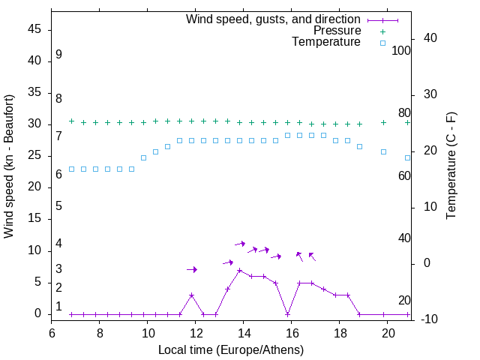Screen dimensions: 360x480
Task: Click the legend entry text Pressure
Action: (337, 31)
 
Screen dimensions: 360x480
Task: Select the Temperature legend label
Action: (326, 42)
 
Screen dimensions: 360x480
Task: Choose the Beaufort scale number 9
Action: (58, 55)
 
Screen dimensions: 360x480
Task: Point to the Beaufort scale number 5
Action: (58, 205)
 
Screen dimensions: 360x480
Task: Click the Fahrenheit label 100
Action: (401, 51)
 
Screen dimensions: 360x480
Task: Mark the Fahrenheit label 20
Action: (404, 301)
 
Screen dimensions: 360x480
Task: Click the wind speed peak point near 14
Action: (239, 270)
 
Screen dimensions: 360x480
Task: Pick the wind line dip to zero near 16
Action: (287, 314)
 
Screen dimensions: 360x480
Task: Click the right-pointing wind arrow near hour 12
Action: (192, 269)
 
